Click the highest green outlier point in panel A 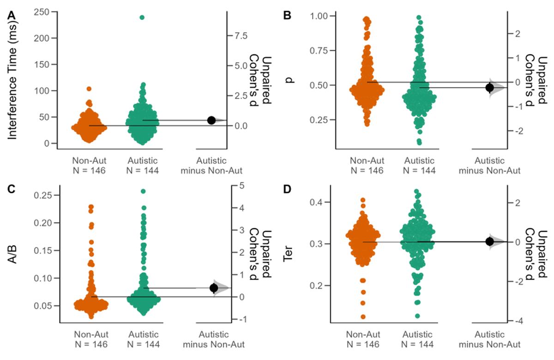(142, 18)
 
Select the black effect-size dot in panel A (211, 120)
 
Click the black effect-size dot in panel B (490, 87)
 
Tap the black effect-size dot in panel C (214, 288)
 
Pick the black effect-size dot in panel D (490, 241)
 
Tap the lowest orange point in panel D (363, 317)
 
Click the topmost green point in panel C (143, 191)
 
